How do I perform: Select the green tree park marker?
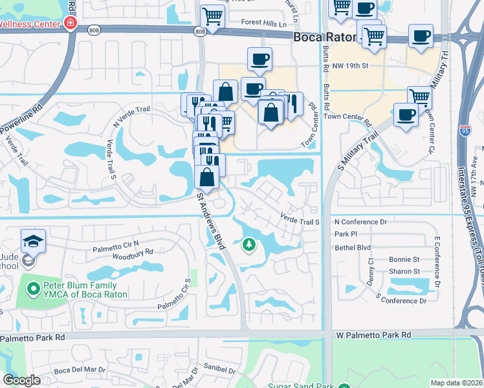(x=248, y=244)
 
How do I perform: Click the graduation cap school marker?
(x=33, y=241)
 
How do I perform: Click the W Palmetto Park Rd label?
(x=373, y=334)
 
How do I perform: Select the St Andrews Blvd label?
(x=211, y=220)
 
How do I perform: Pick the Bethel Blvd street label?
(x=352, y=247)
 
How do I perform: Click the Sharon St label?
(x=404, y=272)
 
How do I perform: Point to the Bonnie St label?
(x=404, y=259)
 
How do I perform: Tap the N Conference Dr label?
(x=360, y=222)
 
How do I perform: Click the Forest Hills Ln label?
(x=263, y=23)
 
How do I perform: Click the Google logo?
(x=21, y=380)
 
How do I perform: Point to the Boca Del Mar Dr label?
(x=80, y=370)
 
